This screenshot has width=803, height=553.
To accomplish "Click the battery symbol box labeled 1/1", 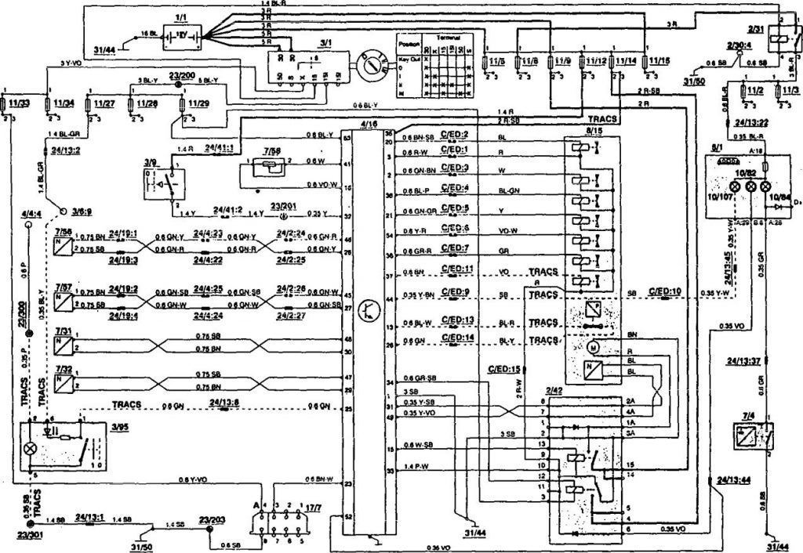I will coord(181,34).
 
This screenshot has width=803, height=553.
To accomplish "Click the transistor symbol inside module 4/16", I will coord(366,308).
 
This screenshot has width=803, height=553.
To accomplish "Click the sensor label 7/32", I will coord(64,368).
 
